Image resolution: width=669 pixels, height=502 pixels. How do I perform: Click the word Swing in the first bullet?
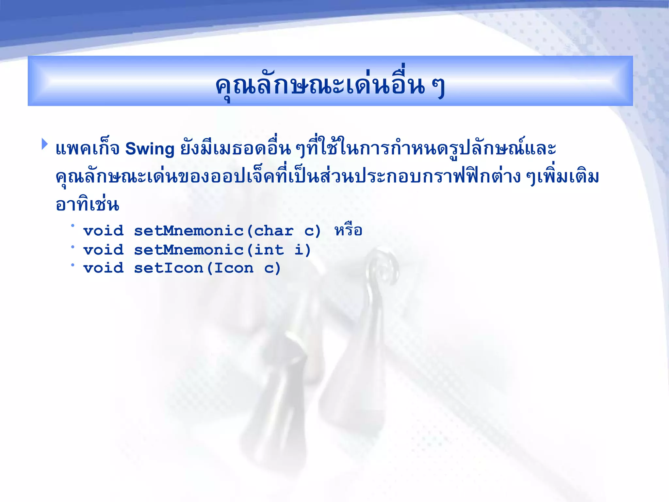tap(150, 149)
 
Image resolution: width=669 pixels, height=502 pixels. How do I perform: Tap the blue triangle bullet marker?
tap(44, 144)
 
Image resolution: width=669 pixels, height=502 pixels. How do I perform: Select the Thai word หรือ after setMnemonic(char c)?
tap(348, 230)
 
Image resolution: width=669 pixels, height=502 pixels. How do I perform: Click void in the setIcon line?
tap(104, 268)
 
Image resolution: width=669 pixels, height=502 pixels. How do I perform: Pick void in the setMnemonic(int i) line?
tap(104, 250)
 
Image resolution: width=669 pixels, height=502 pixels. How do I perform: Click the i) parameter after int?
tap(302, 250)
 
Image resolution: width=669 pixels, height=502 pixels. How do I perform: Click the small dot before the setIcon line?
tap(73, 264)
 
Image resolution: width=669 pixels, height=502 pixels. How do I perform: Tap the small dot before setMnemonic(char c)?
tap(73, 226)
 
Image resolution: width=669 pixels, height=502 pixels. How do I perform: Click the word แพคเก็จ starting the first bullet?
tap(87, 149)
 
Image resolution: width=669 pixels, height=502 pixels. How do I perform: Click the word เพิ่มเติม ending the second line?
tap(568, 177)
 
